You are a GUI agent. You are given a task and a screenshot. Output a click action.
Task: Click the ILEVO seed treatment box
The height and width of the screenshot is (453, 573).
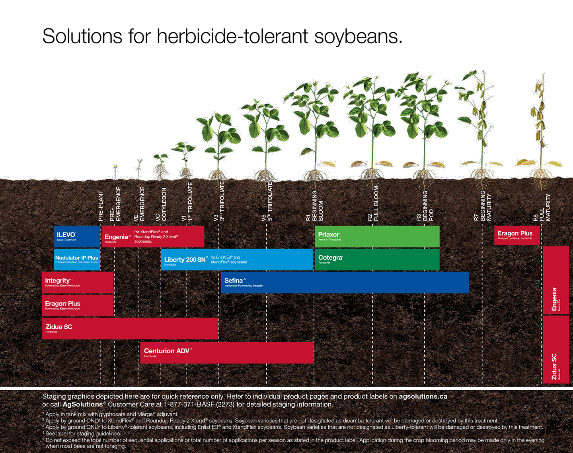pyautogui.click(x=76, y=236)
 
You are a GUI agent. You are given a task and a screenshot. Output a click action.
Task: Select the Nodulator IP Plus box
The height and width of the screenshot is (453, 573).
pyautogui.click(x=76, y=259)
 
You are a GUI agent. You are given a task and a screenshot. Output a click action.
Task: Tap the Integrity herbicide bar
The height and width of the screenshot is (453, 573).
pyautogui.click(x=78, y=283)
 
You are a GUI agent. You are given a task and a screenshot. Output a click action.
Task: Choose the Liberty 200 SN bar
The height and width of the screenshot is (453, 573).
pyautogui.click(x=236, y=259)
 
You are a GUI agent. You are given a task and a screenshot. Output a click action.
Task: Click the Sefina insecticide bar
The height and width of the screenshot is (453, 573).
pyautogui.click(x=345, y=283)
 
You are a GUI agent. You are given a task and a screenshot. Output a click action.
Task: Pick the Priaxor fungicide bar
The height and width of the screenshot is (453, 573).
pyautogui.click(x=377, y=236)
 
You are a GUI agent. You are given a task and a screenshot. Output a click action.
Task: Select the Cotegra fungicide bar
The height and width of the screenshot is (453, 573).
pyautogui.click(x=377, y=259)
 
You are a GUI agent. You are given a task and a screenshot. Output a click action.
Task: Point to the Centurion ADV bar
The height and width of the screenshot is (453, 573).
pyautogui.click(x=227, y=352)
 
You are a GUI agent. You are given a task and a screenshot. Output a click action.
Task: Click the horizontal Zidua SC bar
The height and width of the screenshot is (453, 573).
pyautogui.click(x=130, y=328)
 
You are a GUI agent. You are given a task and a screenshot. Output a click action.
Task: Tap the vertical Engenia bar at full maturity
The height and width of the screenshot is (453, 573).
pyautogui.click(x=555, y=280)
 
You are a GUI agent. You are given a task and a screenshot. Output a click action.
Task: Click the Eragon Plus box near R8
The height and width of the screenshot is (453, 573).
pyautogui.click(x=516, y=235)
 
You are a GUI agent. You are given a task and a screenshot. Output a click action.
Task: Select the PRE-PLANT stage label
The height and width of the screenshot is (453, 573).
pyautogui.click(x=101, y=206)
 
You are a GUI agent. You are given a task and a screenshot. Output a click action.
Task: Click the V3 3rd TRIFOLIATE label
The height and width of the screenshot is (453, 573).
pyautogui.click(x=219, y=201)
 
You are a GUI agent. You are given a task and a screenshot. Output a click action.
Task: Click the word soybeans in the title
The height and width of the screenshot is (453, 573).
pyautogui.click(x=358, y=37)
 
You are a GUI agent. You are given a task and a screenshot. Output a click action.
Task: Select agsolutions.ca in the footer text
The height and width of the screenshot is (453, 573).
pyautogui.click(x=423, y=397)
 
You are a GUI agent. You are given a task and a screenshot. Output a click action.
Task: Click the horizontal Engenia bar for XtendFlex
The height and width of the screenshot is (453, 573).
pyautogui.click(x=153, y=236)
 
